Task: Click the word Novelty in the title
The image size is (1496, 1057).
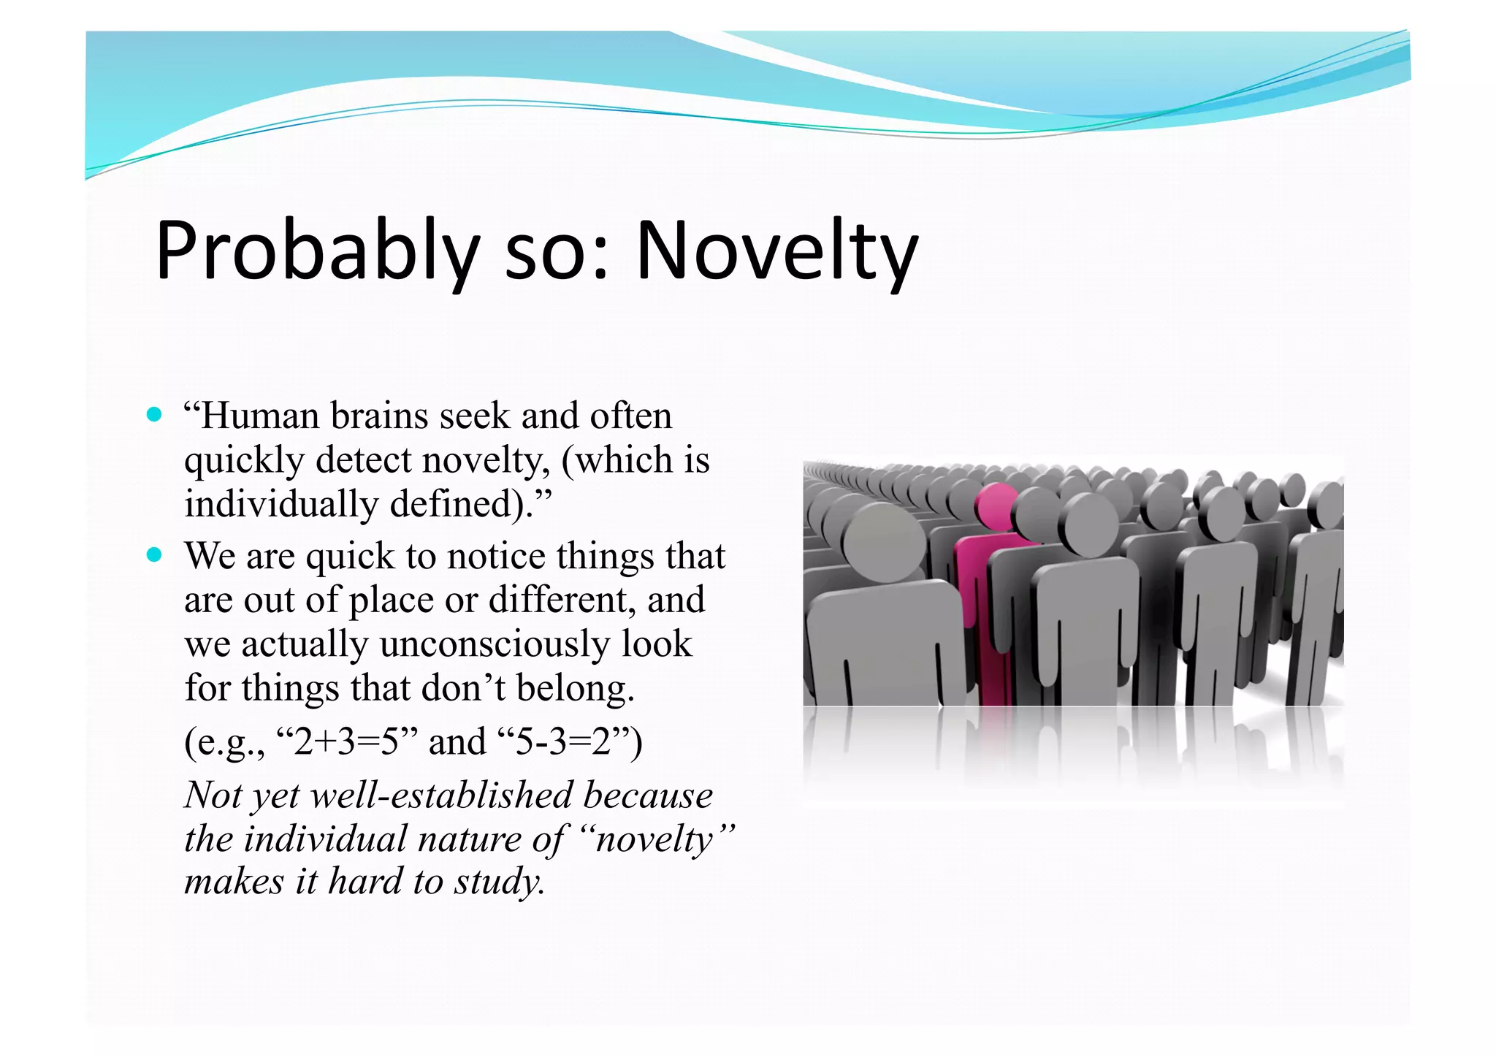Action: click(776, 251)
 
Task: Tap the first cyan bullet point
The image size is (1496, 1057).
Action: click(153, 415)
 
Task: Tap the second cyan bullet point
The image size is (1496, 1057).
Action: click(153, 554)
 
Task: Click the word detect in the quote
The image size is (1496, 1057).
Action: click(365, 460)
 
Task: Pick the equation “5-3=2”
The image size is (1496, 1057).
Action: click(562, 741)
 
